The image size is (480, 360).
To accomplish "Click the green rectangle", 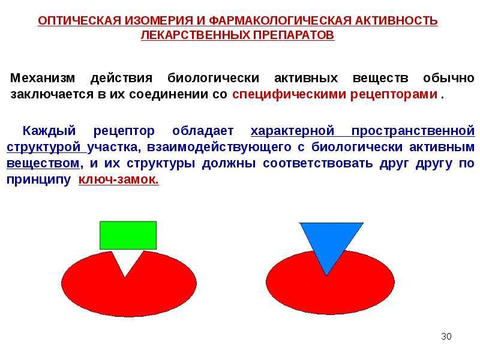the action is click(128, 235).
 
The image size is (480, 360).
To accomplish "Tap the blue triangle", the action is click(331, 242).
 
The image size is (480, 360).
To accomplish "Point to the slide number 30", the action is click(446, 337).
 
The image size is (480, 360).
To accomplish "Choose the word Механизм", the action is click(43, 78).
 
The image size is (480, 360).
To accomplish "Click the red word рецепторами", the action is click(394, 95).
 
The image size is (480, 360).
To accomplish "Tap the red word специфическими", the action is click(290, 95).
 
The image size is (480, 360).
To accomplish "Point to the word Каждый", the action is click(49, 131).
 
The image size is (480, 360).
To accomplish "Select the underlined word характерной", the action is click(292, 131).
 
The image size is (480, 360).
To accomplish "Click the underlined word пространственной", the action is click(413, 131).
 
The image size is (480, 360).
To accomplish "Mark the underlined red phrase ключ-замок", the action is click(118, 179).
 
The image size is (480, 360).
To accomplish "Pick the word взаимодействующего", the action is click(219, 147).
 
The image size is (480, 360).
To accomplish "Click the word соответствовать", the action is click(318, 163).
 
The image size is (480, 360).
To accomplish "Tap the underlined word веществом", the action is click(43, 163).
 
